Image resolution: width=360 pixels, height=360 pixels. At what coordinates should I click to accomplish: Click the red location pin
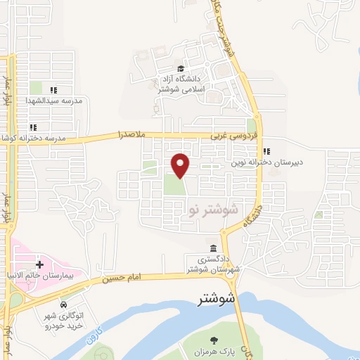click(181, 164)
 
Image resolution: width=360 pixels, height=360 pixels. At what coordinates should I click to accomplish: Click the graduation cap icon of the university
click(181, 69)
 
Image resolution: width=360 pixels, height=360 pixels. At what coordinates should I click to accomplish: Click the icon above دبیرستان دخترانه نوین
click(266, 150)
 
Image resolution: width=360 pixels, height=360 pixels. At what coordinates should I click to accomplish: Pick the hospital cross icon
click(39, 264)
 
